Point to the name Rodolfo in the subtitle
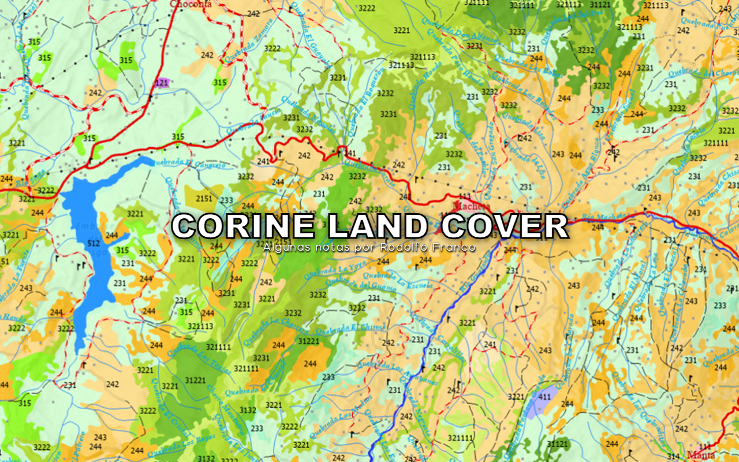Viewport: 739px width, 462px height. tap(401, 247)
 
